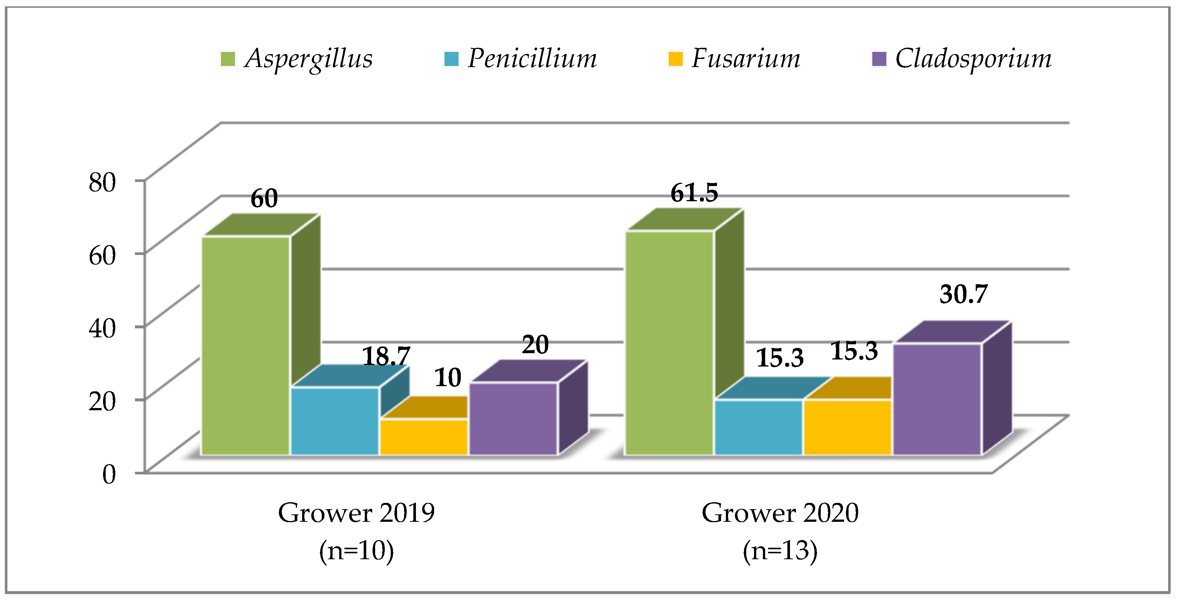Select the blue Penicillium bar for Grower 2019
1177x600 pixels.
tap(335, 421)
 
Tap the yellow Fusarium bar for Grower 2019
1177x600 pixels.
tap(424, 437)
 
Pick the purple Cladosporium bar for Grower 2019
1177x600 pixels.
tap(513, 419)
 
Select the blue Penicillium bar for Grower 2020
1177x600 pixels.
tap(758, 427)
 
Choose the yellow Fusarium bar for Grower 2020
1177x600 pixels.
tap(847, 427)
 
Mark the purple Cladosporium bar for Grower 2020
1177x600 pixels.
tap(937, 399)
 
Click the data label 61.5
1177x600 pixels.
tap(694, 192)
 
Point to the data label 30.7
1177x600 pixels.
tap(963, 294)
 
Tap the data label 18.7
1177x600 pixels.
tap(386, 356)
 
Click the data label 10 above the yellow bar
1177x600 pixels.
tap(447, 378)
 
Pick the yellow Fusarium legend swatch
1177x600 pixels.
tap(675, 59)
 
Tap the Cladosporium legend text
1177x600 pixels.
tap(973, 59)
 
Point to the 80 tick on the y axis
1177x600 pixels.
tap(102, 182)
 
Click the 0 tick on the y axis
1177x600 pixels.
tap(109, 474)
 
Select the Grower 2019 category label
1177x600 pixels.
tap(356, 513)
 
